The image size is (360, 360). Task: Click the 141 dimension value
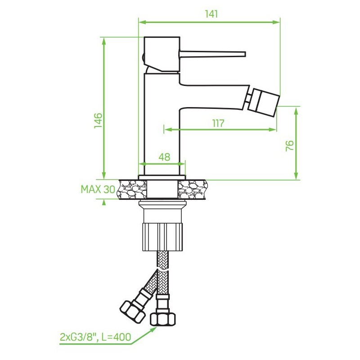[211, 14]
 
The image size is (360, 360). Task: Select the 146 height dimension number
[98, 120]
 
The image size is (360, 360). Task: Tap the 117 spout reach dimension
[218, 123]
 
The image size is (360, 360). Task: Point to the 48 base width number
[164, 157]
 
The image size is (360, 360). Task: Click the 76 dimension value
[290, 145]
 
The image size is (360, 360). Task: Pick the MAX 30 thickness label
[98, 189]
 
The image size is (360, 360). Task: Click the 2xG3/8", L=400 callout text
[95, 337]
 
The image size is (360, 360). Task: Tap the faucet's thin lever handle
[212, 54]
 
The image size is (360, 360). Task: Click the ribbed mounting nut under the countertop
[163, 237]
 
